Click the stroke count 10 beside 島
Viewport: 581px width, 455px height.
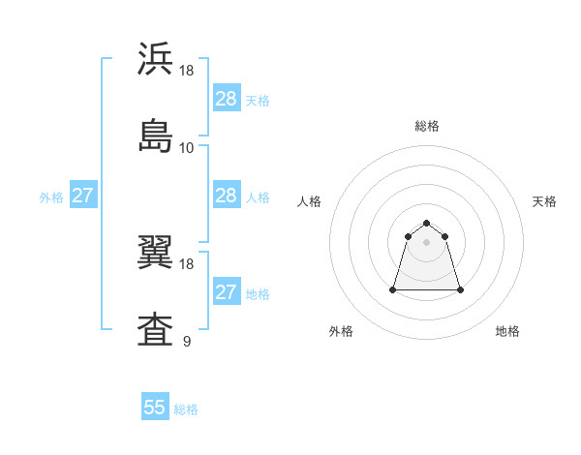187,148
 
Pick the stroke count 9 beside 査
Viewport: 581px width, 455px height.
186,341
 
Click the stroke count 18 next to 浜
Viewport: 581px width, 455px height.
187,72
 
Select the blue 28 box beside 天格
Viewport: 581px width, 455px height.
227,99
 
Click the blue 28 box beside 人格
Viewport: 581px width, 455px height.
227,196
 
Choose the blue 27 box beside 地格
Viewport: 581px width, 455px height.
227,292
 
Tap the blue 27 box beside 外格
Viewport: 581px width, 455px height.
82,196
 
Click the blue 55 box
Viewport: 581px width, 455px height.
155,408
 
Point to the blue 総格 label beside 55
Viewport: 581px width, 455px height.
186,409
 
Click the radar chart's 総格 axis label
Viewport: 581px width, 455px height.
427,126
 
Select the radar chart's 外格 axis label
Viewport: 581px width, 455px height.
341,331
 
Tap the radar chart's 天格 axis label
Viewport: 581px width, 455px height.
544,201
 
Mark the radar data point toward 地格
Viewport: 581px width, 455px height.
459,289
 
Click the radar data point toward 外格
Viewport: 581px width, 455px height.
394,289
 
